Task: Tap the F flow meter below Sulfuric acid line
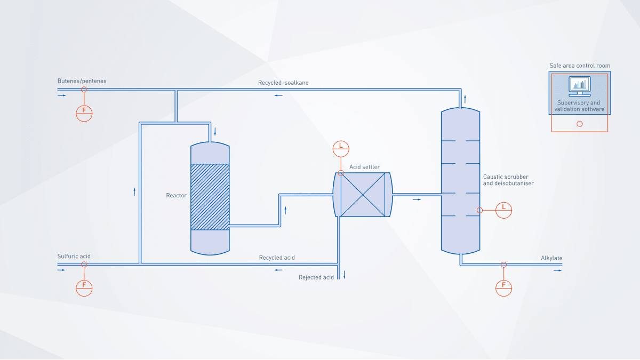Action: (x=84, y=286)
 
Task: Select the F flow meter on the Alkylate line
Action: (x=503, y=286)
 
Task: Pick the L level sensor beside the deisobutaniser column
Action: (x=503, y=210)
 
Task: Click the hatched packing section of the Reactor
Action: (x=210, y=197)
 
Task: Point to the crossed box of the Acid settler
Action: (x=363, y=195)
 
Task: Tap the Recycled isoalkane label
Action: (x=283, y=83)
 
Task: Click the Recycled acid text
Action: (x=277, y=258)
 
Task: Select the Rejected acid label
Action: (x=316, y=277)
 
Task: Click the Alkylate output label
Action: (x=551, y=258)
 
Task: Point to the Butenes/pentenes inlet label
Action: (x=82, y=81)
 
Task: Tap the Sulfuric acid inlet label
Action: (x=74, y=256)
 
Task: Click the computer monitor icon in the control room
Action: (x=579, y=86)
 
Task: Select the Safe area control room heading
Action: (x=580, y=66)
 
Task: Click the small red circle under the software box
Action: (x=580, y=124)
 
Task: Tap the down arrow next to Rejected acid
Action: (x=345, y=275)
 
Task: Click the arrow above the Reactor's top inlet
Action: (x=215, y=131)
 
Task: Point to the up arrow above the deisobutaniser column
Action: (x=465, y=99)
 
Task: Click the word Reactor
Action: (x=176, y=195)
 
